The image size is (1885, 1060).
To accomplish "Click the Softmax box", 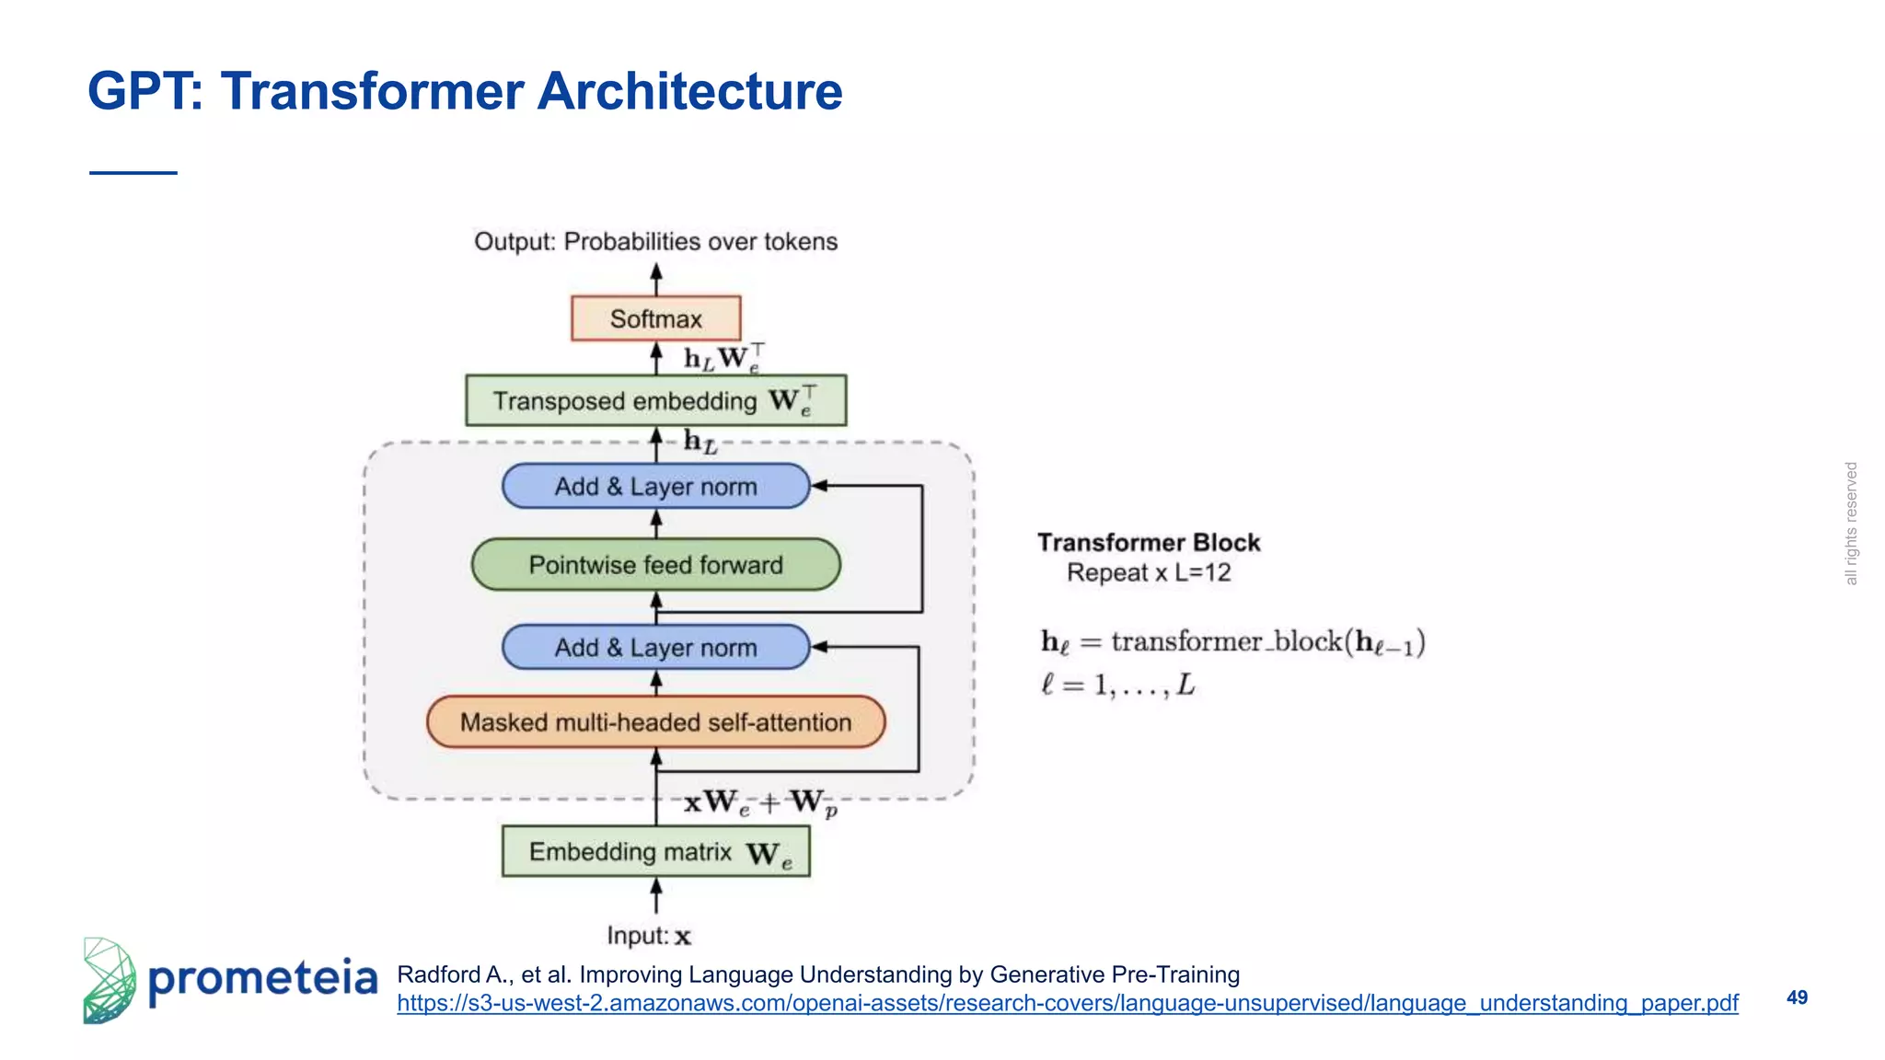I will [655, 318].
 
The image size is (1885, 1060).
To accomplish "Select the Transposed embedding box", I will [655, 400].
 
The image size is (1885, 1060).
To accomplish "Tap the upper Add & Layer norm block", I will [655, 486].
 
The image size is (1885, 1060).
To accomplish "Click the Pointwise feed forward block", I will [655, 564].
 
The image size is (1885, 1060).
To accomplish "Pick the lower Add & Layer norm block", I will [655, 647].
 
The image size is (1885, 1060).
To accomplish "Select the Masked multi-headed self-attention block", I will [655, 722].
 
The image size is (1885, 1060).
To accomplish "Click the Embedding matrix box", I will [655, 852].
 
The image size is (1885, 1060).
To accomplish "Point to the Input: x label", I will [649, 936].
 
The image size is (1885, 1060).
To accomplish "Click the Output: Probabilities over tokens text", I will [655, 241].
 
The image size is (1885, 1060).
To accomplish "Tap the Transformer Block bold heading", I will [1148, 543].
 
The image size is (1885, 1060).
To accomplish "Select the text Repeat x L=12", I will [1148, 572].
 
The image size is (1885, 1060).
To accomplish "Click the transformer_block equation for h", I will [1232, 641].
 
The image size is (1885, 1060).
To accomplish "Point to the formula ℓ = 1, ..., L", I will [1117, 685].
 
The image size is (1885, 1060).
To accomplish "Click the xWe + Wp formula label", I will [760, 802].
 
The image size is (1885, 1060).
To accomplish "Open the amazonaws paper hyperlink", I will [1068, 1003].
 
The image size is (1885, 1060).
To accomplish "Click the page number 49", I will [1797, 997].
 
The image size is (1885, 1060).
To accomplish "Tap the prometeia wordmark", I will [262, 979].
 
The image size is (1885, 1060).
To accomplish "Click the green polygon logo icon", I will [109, 981].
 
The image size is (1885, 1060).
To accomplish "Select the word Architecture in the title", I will [688, 91].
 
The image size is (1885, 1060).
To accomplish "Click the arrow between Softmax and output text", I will [656, 279].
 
